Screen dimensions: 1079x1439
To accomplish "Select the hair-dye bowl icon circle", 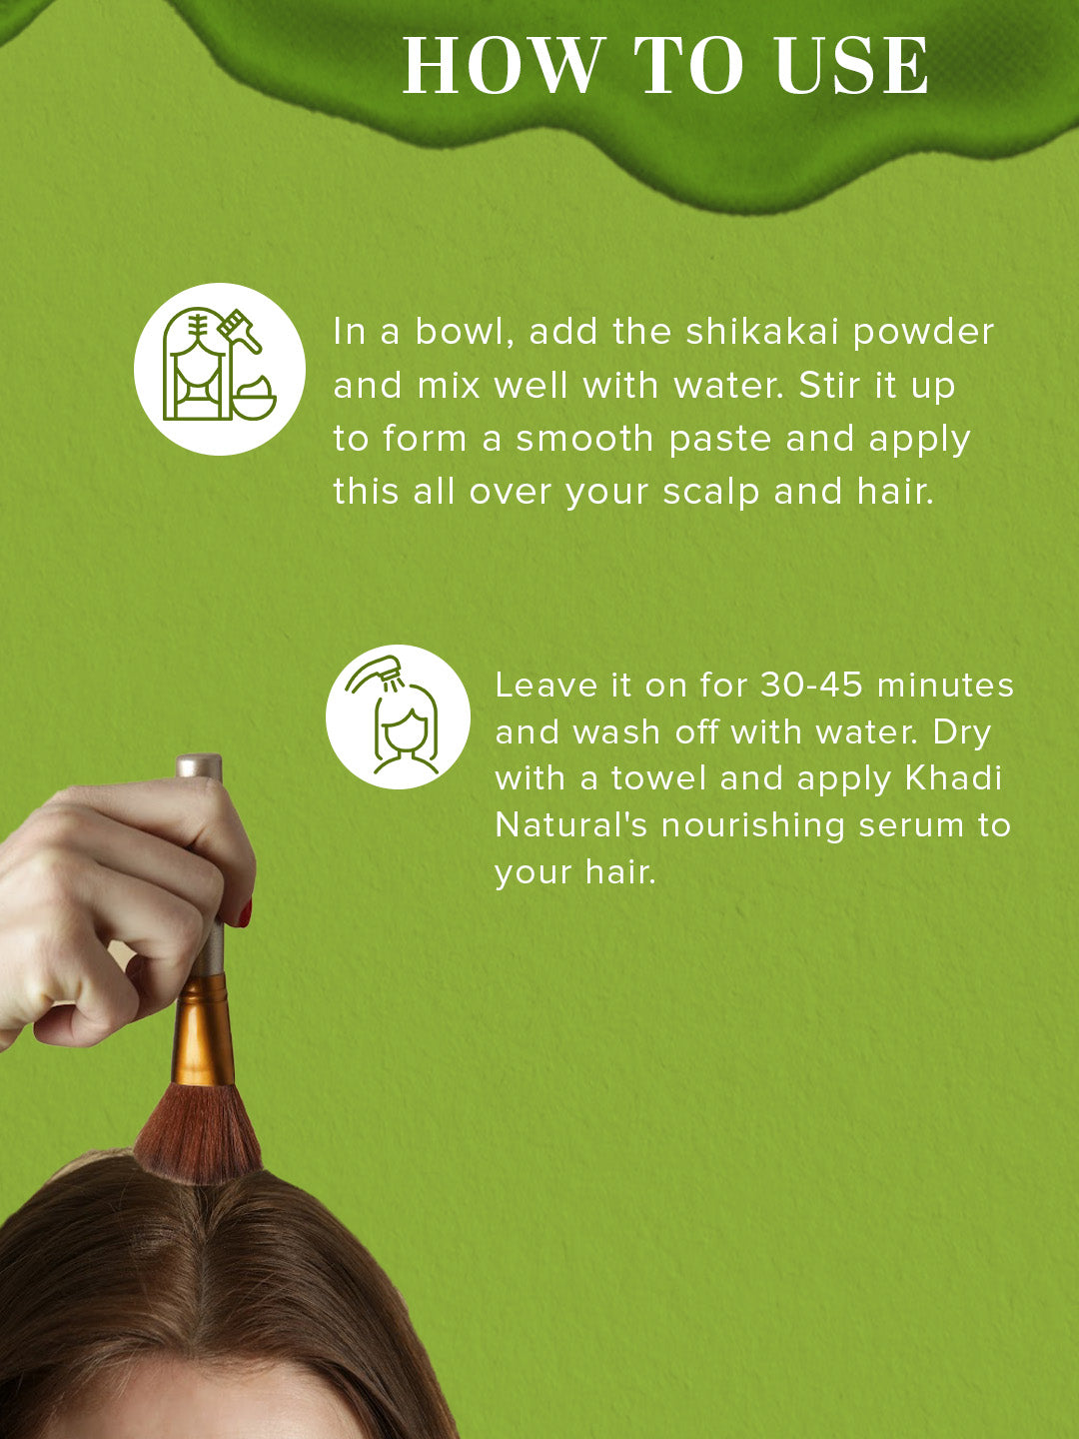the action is [x=220, y=369].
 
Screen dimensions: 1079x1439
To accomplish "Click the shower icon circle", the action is [x=398, y=717].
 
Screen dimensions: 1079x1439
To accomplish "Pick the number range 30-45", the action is [x=811, y=686].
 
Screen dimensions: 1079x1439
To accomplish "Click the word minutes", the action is [x=945, y=686].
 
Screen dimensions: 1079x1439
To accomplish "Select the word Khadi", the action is [x=953, y=778].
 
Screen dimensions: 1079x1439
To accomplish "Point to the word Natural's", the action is [x=570, y=825].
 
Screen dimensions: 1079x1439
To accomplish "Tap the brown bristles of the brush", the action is [x=199, y=1135].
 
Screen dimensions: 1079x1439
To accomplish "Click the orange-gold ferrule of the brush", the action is [x=203, y=1030].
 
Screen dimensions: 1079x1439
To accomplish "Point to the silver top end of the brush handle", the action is [x=199, y=765].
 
